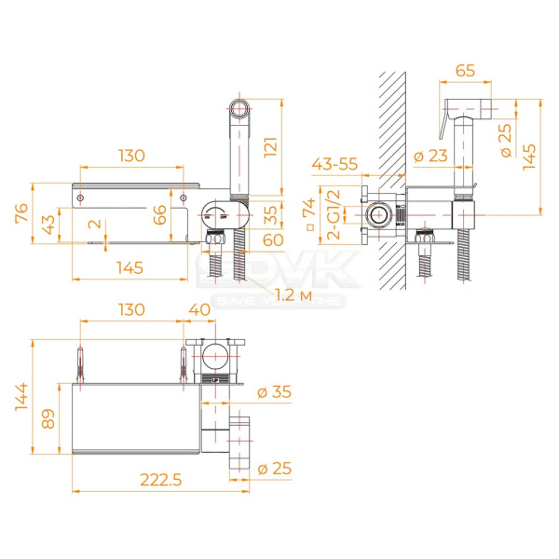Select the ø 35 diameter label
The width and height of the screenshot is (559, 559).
pyautogui.click(x=275, y=392)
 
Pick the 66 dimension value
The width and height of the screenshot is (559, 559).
pyautogui.click(x=160, y=217)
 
